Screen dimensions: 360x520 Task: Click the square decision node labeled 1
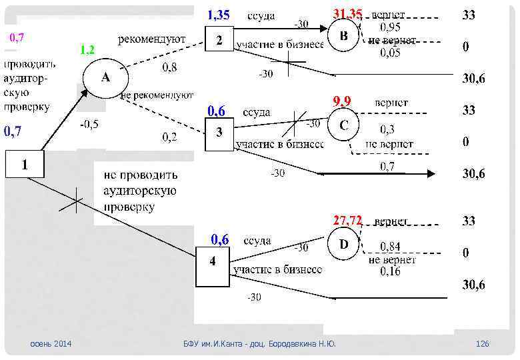pos(25,164)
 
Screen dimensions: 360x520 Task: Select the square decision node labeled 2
pos(219,41)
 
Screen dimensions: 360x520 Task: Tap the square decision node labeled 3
pos(219,133)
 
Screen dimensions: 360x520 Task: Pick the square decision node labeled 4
pos(213,261)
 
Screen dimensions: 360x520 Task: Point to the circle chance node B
pos(343,35)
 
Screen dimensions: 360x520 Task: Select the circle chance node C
pos(343,125)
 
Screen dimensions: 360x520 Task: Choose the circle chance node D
pos(343,245)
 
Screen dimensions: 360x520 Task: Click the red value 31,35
pos(348,14)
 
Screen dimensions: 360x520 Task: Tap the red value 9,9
pos(341,101)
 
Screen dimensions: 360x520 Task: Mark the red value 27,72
pos(347,219)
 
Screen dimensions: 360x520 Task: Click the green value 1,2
pos(87,50)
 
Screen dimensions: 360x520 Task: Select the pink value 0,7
pos(17,37)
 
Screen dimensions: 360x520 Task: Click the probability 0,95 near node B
pos(390,27)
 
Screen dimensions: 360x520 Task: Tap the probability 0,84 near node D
pos(390,247)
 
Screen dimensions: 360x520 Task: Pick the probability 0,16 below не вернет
pos(390,271)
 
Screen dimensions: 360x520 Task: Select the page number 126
pos(482,343)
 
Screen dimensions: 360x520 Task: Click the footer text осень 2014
pos(51,343)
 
